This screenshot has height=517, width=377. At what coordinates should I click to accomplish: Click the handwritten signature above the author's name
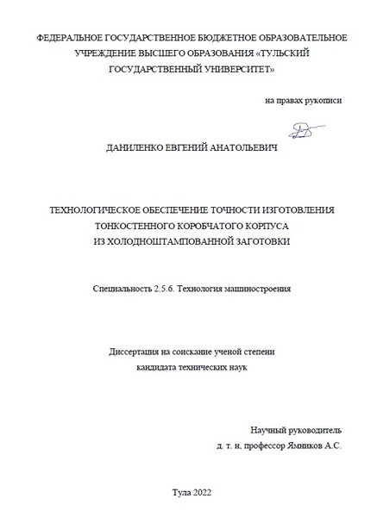tap(301, 130)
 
